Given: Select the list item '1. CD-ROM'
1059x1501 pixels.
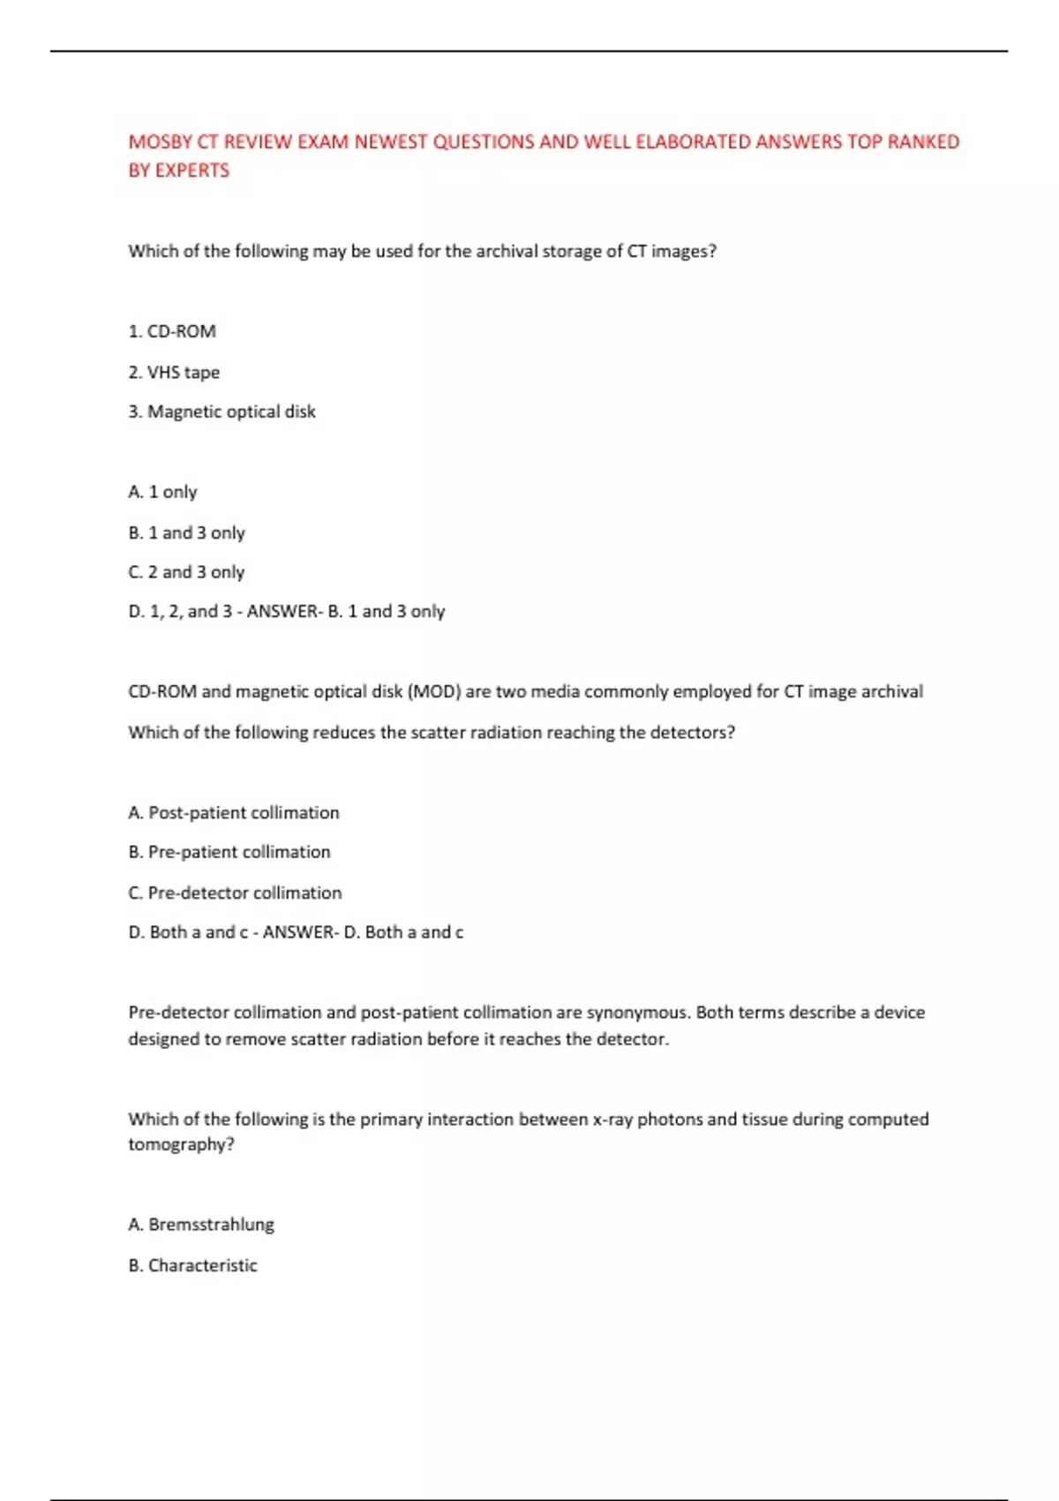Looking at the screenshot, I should pos(172,331).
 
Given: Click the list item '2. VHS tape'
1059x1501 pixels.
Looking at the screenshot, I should pos(174,372).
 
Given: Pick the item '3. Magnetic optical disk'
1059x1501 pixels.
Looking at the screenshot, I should pos(222,411).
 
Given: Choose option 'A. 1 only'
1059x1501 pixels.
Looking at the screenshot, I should pos(162,492).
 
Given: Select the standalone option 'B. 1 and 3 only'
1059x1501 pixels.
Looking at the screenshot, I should pos(186,532).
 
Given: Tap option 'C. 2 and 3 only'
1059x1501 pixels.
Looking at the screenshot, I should pos(186,572).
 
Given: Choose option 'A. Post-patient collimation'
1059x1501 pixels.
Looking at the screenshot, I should pos(234,812).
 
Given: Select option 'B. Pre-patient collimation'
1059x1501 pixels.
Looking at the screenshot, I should pos(229,852).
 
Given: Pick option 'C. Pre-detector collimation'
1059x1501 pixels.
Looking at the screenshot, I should pos(235,893).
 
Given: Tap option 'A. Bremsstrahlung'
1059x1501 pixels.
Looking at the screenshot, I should pos(201,1225).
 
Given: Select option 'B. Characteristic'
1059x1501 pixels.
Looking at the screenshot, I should pos(192,1265).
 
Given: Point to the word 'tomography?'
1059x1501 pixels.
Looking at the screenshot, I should pos(181,1145).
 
